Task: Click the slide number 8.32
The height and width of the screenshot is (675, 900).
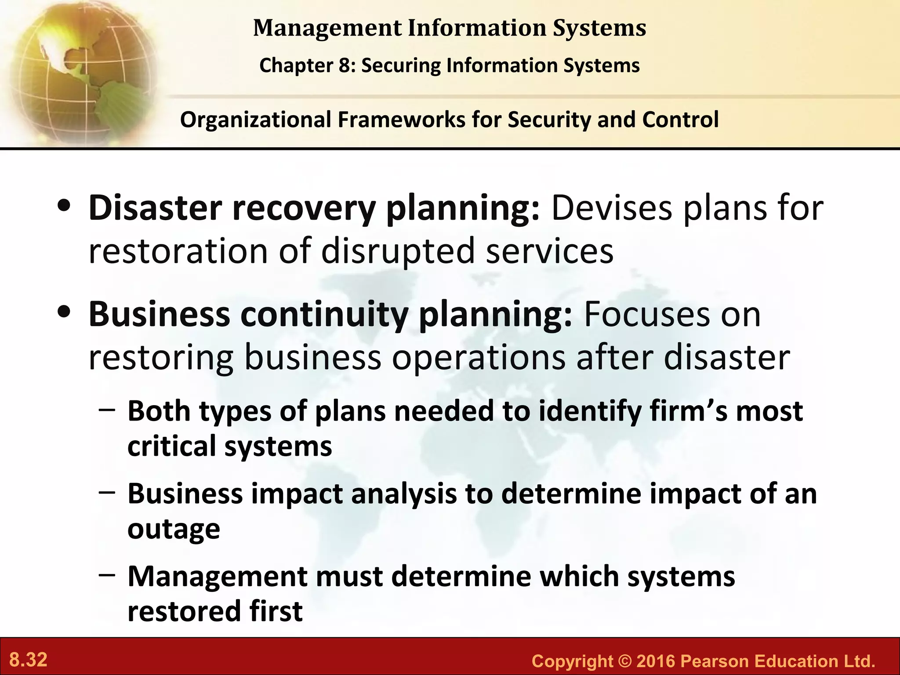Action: [x=28, y=660]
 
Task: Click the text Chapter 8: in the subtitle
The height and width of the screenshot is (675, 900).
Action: [x=308, y=65]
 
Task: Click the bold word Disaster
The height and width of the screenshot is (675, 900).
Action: [x=155, y=208]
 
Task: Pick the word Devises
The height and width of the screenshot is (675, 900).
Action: [x=611, y=208]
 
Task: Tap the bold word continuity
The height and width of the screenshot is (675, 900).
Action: [x=324, y=315]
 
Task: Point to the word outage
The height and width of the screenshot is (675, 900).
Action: [x=174, y=529]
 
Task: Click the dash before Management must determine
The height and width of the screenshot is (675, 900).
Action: [x=107, y=574]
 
